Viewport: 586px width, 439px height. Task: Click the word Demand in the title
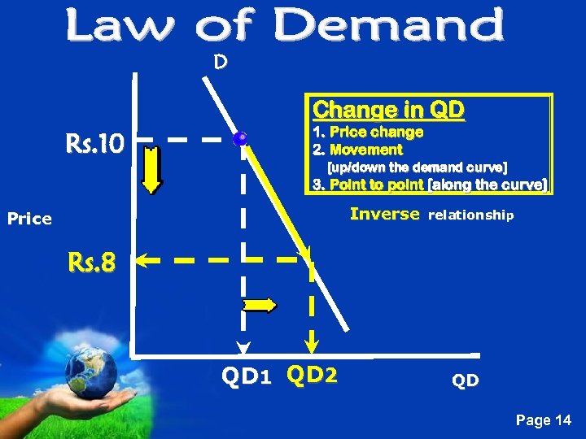[389, 26]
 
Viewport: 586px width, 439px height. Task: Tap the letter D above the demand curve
[220, 61]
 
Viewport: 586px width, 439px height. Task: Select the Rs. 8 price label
[91, 263]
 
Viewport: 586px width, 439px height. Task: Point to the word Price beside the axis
[29, 219]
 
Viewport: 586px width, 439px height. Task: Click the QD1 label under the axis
[246, 376]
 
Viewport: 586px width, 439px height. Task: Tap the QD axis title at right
[466, 380]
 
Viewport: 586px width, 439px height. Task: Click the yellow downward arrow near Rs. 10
[152, 167]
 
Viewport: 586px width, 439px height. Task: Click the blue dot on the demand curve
[239, 139]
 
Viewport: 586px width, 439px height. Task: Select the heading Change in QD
[388, 110]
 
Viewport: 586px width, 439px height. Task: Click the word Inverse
[385, 215]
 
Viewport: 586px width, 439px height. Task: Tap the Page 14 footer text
[544, 420]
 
